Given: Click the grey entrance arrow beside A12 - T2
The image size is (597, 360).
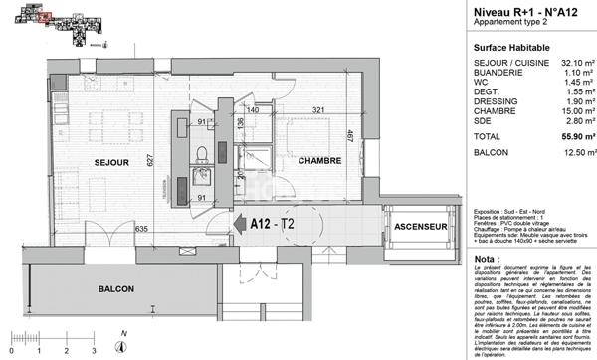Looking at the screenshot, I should click(x=239, y=225).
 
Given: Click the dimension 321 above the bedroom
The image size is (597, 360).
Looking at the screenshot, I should click(x=318, y=109).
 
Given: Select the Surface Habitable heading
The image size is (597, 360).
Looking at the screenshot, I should click(x=507, y=47).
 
